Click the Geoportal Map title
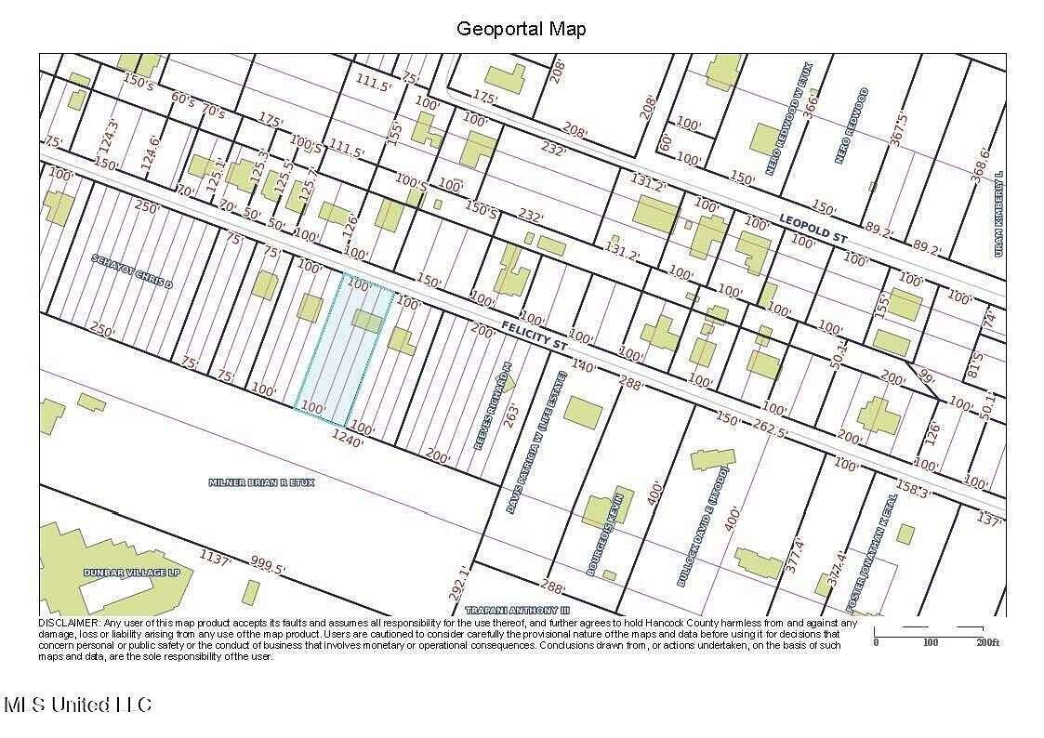click(521, 29)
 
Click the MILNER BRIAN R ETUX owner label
click(262, 483)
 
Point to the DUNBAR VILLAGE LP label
click(131, 573)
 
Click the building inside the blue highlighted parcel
click(366, 322)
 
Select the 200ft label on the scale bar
click(985, 642)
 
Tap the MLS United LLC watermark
click(78, 705)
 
